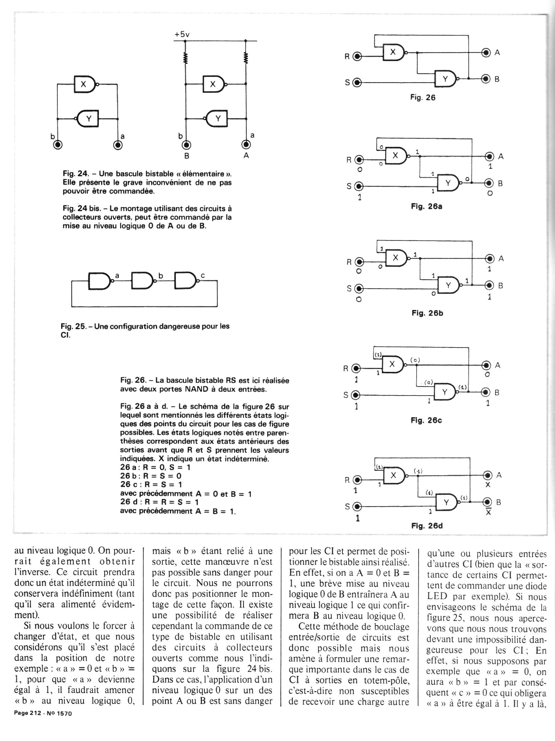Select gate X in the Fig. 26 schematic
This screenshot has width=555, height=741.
(394, 52)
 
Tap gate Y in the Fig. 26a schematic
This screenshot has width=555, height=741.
(448, 183)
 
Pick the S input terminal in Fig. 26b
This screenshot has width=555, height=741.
(359, 288)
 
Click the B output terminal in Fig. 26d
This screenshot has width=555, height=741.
(488, 502)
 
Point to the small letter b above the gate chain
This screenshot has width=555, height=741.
(160, 275)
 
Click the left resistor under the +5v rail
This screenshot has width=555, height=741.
(185, 58)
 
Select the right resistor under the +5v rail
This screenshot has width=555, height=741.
(246, 58)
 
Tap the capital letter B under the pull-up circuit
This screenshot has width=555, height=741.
(187, 155)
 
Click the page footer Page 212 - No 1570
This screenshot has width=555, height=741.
(42, 713)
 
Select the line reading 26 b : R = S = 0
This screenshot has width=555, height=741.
(151, 476)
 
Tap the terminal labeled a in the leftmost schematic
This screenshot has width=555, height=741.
(118, 145)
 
